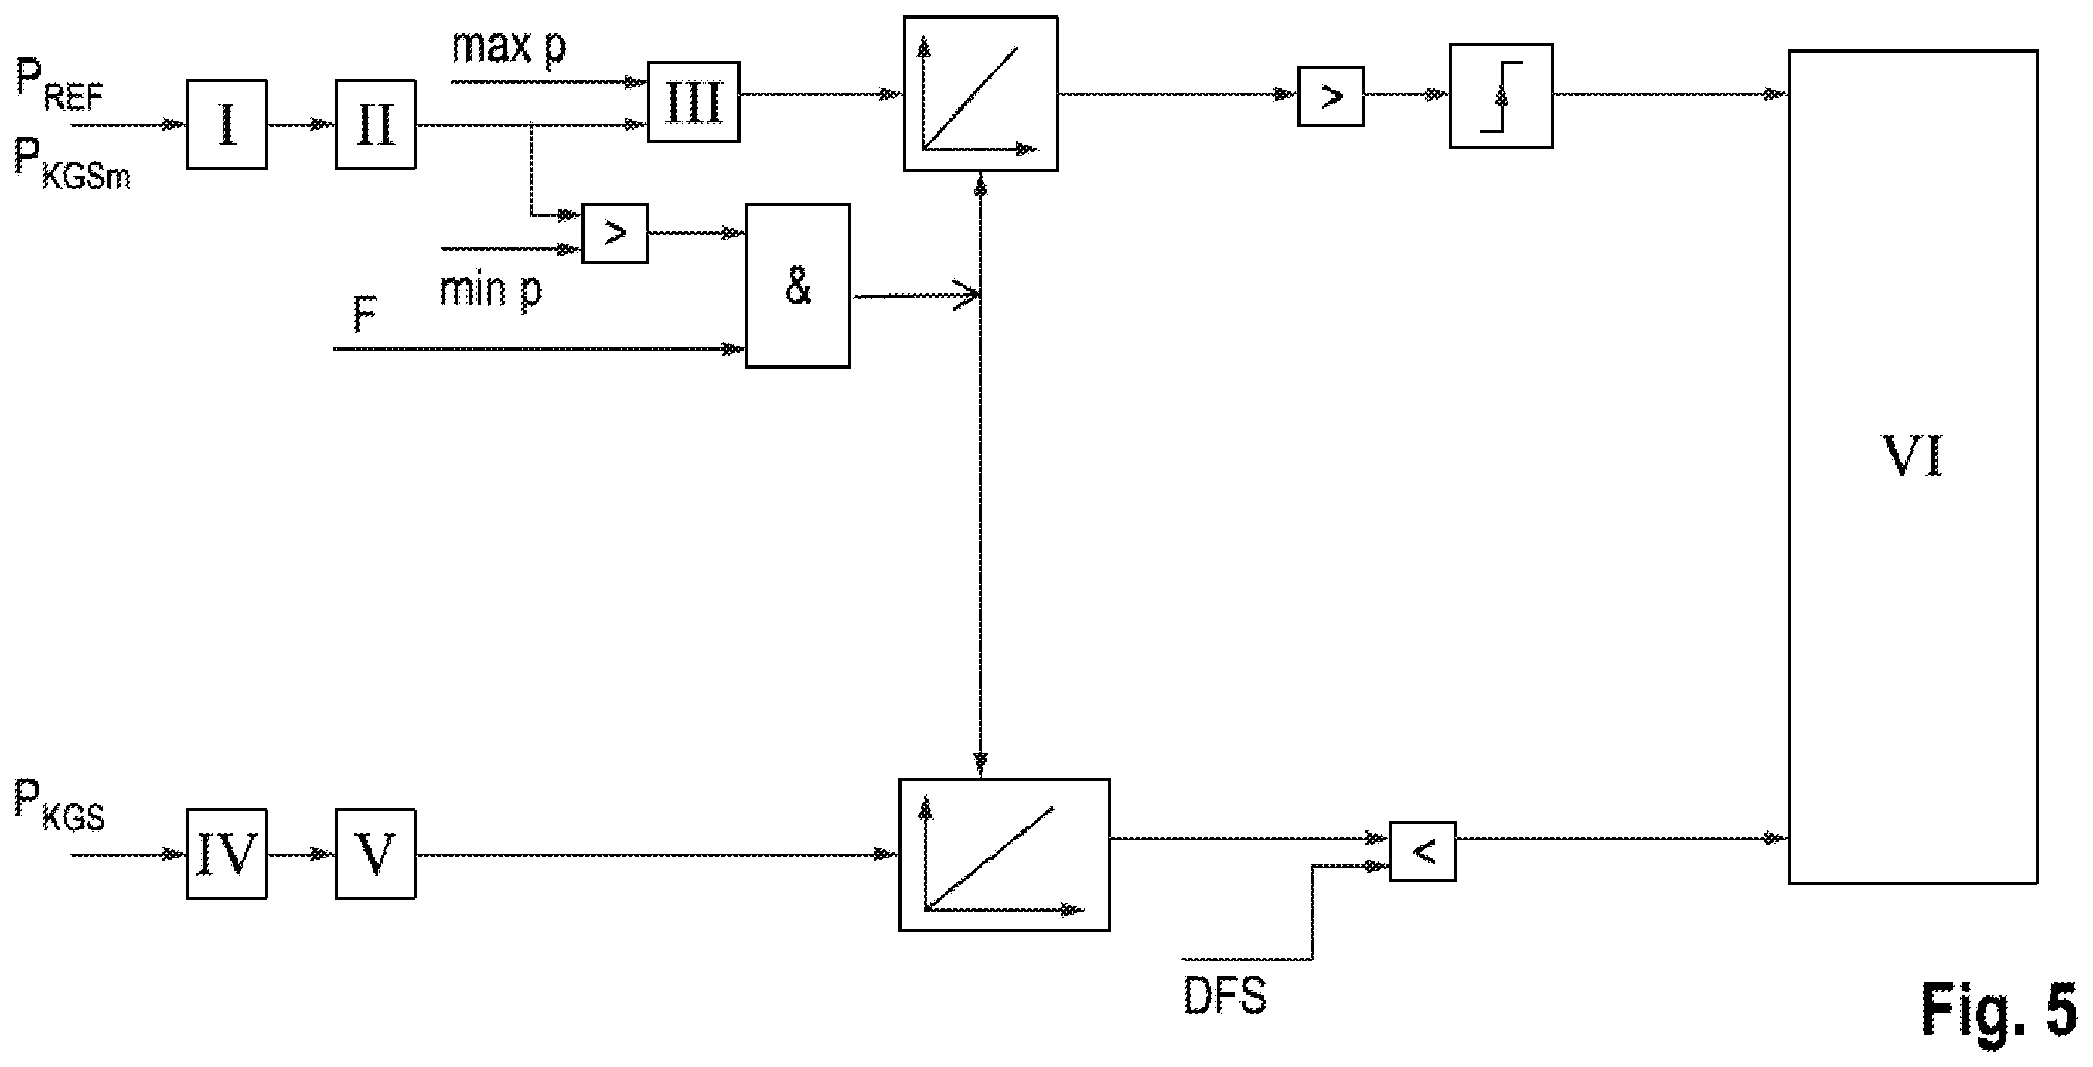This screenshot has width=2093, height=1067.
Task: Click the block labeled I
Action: (227, 124)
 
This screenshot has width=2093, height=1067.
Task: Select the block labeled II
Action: (375, 124)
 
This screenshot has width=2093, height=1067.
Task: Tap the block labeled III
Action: (693, 102)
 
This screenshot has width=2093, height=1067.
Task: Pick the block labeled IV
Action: (227, 854)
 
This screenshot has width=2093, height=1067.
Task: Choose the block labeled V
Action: (375, 854)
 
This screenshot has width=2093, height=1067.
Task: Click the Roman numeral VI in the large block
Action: (1913, 457)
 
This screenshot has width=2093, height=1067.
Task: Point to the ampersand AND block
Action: (798, 285)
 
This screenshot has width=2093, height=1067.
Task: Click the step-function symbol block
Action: (1501, 96)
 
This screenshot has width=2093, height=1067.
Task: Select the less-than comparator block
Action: (1423, 851)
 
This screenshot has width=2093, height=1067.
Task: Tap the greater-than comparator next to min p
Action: (614, 234)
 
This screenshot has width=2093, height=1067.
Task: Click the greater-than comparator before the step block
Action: (1331, 96)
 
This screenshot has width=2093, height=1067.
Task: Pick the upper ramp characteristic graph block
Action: (980, 94)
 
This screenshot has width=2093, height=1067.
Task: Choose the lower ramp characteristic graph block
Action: (1004, 855)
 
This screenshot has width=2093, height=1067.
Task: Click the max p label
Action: (510, 47)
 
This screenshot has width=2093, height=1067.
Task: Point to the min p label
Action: (491, 290)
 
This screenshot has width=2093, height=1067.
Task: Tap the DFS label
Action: (1225, 996)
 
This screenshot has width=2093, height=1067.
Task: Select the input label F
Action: (365, 315)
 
